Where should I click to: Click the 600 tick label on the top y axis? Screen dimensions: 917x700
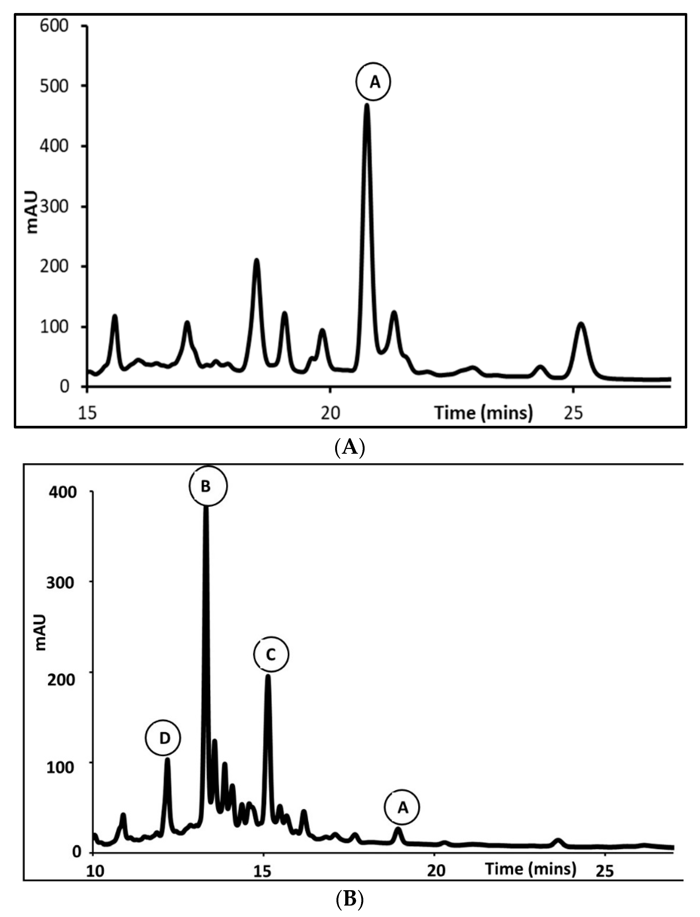coord(54,26)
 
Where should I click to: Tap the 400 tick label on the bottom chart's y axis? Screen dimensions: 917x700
coord(62,493)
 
